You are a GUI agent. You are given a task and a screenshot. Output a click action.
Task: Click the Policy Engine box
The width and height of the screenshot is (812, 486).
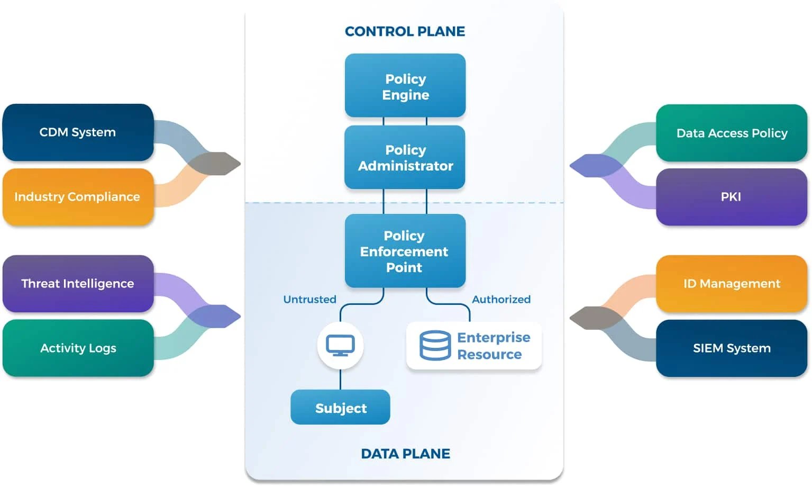[x=405, y=86]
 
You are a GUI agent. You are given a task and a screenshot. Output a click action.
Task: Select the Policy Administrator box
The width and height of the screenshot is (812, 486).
[x=405, y=157]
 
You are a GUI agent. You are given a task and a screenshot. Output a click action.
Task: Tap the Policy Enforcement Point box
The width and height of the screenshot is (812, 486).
[x=405, y=251]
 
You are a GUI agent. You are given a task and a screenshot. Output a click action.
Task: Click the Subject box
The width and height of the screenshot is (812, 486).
[x=340, y=407]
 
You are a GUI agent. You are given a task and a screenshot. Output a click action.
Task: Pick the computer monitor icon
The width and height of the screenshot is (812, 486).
[x=340, y=346]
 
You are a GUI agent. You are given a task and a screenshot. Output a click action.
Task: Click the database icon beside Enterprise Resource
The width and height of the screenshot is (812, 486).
[x=435, y=346]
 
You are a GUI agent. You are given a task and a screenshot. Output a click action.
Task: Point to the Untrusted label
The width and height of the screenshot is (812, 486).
[x=309, y=299]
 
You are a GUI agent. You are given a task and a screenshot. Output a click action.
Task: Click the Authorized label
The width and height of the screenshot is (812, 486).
[x=501, y=299]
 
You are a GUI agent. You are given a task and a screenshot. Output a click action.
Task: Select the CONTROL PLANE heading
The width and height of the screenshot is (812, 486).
[x=405, y=31]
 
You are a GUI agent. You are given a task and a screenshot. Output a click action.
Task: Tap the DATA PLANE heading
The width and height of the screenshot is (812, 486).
[x=405, y=454]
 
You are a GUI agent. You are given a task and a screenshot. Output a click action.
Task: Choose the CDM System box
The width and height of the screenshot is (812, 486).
[x=78, y=132]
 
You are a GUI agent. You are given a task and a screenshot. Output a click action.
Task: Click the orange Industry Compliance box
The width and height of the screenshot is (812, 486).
[x=78, y=197]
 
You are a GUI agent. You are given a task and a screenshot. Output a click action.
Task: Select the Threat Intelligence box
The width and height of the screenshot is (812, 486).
[x=78, y=283]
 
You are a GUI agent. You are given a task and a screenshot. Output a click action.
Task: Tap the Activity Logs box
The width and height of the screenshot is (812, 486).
[x=78, y=348]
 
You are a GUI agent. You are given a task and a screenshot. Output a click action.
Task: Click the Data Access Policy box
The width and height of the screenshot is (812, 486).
[x=732, y=133]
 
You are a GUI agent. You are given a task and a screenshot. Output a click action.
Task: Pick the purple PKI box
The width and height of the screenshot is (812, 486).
[x=732, y=197]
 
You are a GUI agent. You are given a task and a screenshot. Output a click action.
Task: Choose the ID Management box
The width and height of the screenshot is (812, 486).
[x=732, y=284]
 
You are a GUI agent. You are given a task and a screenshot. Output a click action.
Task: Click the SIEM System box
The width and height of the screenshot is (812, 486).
[x=732, y=348]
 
